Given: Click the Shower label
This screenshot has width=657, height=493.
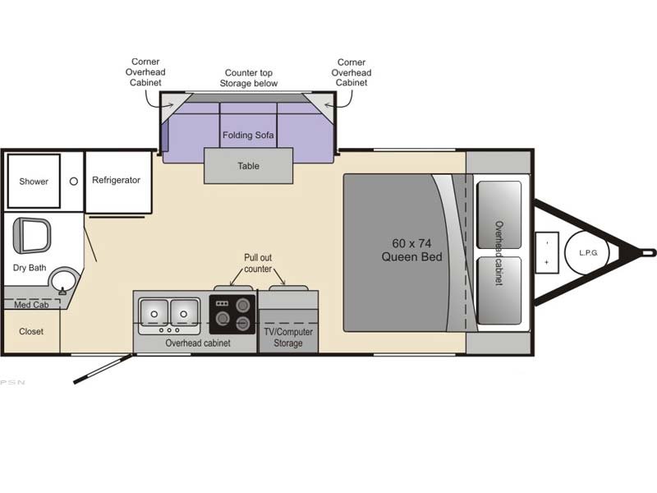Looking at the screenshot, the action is (x=34, y=182).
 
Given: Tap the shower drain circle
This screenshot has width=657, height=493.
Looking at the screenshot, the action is (x=74, y=182).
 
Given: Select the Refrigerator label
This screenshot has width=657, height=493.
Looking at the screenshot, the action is (x=116, y=180).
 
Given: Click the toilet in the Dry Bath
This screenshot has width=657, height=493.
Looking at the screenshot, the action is (x=32, y=235).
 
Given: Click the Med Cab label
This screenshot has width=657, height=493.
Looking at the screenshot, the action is (x=31, y=305).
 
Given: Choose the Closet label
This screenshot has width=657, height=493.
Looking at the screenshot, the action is (x=31, y=331).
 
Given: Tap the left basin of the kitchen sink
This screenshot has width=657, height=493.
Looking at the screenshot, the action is (x=154, y=312).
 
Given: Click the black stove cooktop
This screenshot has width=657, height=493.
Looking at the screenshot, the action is (x=232, y=315).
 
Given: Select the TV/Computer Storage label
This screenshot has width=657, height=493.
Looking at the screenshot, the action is (x=288, y=338).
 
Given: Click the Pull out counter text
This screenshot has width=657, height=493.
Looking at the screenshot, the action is (x=258, y=263).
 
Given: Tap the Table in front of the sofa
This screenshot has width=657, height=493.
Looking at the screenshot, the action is (x=249, y=166).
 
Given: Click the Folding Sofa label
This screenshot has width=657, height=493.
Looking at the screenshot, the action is (x=248, y=135).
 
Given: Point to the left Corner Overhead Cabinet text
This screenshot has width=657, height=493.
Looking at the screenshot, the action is (x=145, y=72).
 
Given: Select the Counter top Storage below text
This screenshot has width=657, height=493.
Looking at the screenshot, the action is (x=249, y=78).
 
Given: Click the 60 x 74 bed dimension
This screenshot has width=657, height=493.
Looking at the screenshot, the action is (x=412, y=243).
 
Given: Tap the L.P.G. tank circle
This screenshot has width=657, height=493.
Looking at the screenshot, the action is (x=587, y=253).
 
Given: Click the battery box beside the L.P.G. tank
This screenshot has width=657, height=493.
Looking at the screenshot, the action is (x=547, y=252).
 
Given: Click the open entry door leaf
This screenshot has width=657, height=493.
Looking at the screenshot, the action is (x=103, y=369).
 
